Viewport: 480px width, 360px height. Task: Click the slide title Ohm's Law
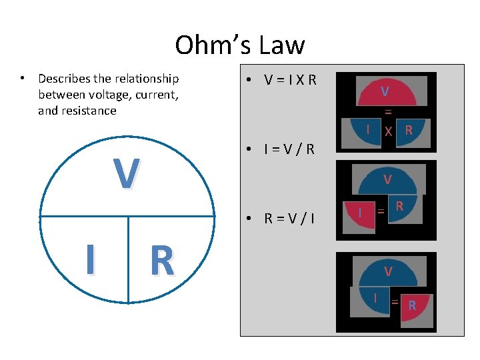click(x=239, y=45)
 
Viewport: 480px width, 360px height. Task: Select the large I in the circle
click(x=89, y=259)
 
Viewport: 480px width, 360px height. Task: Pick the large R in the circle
click(x=162, y=261)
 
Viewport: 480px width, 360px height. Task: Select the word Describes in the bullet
click(x=65, y=79)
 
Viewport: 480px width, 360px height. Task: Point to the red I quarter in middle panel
click(x=360, y=215)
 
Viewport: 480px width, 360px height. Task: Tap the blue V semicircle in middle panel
click(x=387, y=181)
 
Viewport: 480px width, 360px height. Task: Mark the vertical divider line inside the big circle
click(x=127, y=260)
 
